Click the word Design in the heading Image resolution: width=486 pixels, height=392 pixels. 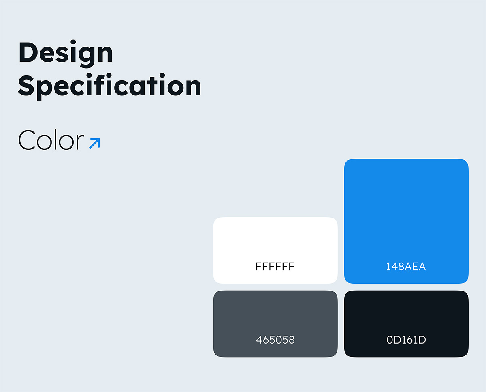point(66,54)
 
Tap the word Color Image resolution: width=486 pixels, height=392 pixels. point(51,140)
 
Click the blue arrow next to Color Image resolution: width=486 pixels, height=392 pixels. point(95,143)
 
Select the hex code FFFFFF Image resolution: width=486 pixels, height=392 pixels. point(275,266)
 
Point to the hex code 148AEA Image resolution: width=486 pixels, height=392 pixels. point(406,266)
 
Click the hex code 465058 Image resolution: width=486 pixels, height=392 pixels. point(275,340)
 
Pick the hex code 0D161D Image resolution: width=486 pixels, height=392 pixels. point(406,340)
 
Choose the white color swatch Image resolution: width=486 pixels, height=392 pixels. point(275,250)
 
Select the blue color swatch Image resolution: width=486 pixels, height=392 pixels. point(406,221)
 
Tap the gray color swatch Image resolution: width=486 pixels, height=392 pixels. point(275,324)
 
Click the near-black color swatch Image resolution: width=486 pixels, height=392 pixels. point(406,324)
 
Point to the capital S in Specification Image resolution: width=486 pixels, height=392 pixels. point(26,85)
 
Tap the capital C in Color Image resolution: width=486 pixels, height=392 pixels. point(27,140)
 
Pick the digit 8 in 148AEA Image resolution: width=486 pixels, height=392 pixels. point(400,266)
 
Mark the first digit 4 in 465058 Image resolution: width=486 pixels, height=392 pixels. point(259,340)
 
